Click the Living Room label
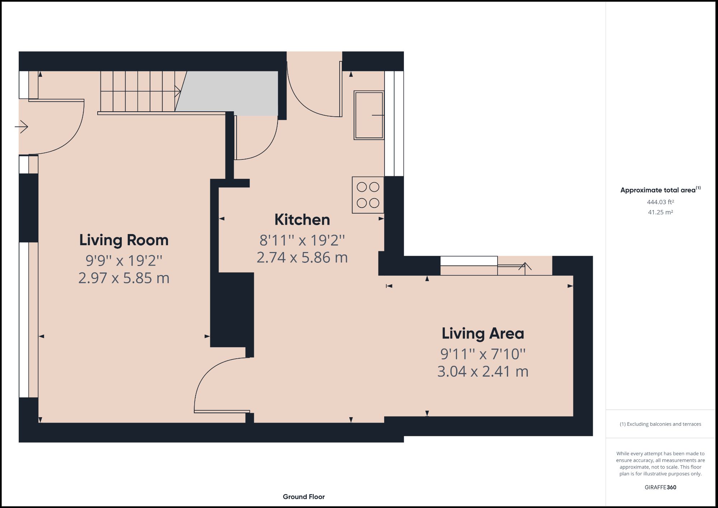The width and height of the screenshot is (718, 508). [x=124, y=240]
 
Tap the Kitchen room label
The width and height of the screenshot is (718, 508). [x=302, y=220]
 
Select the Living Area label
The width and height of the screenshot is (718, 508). [x=482, y=334]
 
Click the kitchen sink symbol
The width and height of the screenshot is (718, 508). [x=369, y=115]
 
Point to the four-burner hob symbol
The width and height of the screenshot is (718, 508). [x=368, y=195]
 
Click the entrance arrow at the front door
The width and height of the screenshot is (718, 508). [x=22, y=127]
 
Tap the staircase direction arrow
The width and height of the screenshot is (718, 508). [x=177, y=91]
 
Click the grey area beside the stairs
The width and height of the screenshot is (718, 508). [x=230, y=93]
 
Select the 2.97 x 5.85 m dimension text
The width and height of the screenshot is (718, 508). [x=124, y=278]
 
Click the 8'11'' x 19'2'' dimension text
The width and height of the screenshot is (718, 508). [x=302, y=240]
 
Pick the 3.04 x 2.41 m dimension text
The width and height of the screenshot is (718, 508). [x=482, y=371]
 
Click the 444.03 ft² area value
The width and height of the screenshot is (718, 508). [x=660, y=202]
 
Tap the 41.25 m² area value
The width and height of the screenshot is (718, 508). [x=660, y=212]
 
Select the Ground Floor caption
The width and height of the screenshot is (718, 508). [x=304, y=497]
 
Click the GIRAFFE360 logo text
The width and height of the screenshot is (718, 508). [x=660, y=487]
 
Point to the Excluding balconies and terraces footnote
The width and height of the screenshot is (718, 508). [x=660, y=424]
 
